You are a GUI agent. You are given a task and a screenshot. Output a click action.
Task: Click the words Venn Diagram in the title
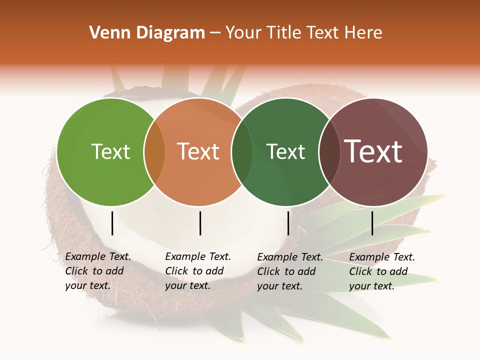tap(147, 33)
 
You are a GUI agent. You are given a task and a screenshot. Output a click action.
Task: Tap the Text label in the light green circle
tap(110, 151)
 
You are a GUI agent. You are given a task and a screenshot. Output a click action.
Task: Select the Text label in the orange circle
tap(198, 151)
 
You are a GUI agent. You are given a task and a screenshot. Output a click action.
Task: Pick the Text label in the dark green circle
tap(286, 151)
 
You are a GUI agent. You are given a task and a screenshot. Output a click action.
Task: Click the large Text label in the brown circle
tap(373, 151)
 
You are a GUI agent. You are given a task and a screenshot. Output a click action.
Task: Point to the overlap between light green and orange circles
tap(154, 152)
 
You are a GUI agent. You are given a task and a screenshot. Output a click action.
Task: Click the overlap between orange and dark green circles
tap(242, 152)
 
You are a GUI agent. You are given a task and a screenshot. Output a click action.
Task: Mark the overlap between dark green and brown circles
tap(329, 152)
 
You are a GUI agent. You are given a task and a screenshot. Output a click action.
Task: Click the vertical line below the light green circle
tap(112, 223)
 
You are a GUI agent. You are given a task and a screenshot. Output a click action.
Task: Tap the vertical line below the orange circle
tap(200, 223)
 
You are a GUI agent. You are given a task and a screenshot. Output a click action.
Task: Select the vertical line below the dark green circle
tap(288, 223)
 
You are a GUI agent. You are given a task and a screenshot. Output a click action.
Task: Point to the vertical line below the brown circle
tap(372, 223)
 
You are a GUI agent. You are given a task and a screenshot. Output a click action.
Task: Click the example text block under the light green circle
tap(98, 271)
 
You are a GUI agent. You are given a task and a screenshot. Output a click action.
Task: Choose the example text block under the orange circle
tap(198, 271)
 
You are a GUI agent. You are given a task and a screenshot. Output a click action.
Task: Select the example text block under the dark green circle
tap(290, 271)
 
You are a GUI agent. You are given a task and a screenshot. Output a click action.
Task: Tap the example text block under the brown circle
tap(382, 271)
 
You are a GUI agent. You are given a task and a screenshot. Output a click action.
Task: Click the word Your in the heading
tap(243, 33)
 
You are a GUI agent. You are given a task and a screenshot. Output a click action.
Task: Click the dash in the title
tap(215, 33)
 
